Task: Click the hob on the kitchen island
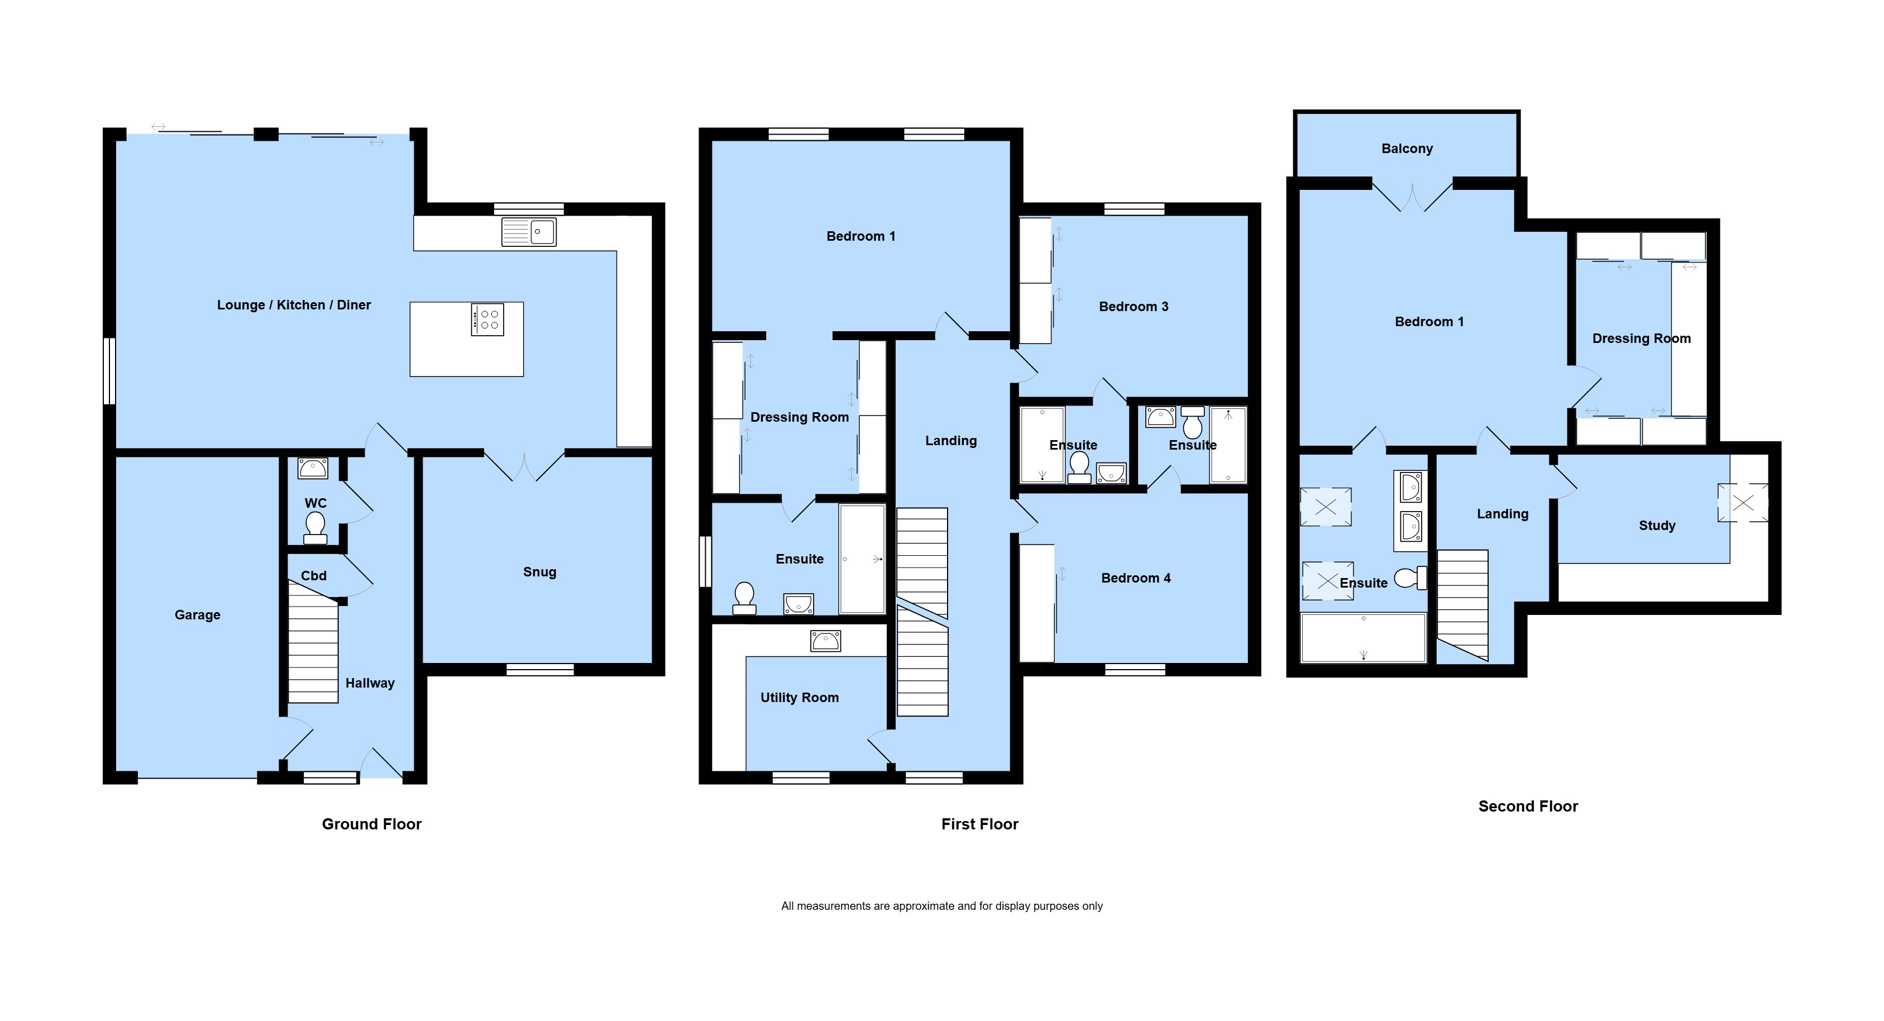(487, 319)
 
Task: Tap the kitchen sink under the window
(529, 232)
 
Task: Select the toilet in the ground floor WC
(315, 527)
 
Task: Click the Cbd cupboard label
(314, 576)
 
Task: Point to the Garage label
(198, 615)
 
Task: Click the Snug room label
(540, 572)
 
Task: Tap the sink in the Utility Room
(825, 641)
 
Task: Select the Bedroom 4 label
(1136, 578)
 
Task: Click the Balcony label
(1407, 149)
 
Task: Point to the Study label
(1657, 525)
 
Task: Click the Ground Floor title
(371, 824)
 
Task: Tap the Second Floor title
(1528, 806)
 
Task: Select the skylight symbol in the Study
(1743, 503)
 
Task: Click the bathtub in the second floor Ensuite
(1363, 638)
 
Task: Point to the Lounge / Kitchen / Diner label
(294, 305)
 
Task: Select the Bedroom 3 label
(1134, 307)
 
